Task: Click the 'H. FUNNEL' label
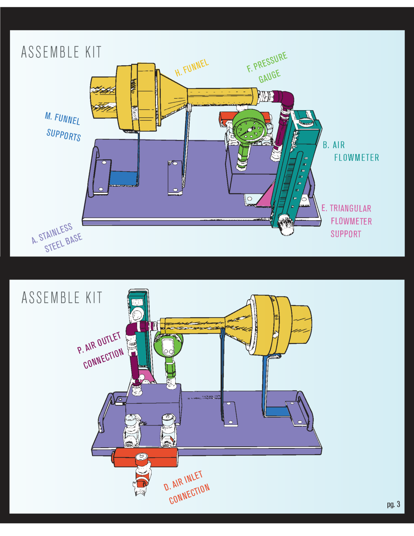click(x=192, y=67)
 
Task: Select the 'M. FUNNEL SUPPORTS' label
click(x=63, y=127)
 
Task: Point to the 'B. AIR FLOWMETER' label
click(x=351, y=151)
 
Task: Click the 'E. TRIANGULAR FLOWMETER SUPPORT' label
click(x=347, y=221)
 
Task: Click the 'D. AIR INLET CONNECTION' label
click(x=187, y=488)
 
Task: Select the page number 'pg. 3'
click(x=393, y=504)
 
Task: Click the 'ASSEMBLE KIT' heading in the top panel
click(x=61, y=52)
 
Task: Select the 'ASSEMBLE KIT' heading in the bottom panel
click(x=62, y=298)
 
